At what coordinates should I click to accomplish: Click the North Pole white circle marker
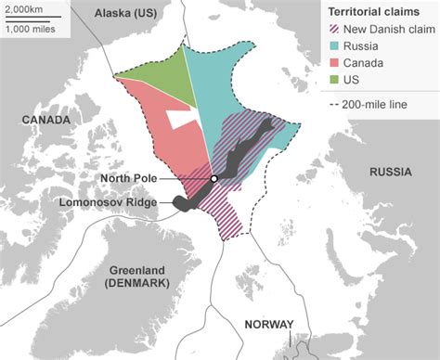[x=214, y=178]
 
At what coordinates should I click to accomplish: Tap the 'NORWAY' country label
[x=268, y=324]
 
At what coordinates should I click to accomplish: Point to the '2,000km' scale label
[x=24, y=8]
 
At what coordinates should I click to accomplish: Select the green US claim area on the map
[x=158, y=79]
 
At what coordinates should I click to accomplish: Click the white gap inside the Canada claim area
[x=180, y=118]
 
